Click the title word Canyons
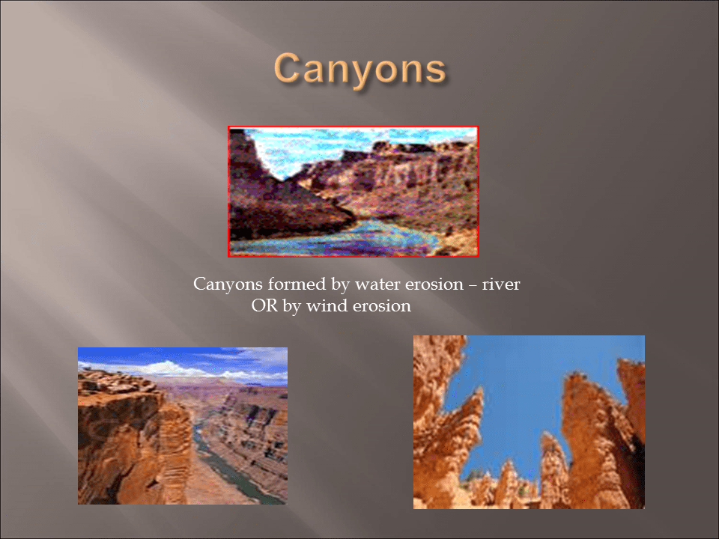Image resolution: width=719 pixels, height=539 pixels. (359, 70)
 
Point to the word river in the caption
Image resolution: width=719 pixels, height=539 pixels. (501, 285)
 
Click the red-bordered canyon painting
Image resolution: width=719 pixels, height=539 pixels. (353, 191)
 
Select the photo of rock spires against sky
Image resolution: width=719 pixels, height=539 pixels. (529, 421)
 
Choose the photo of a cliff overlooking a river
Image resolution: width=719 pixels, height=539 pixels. (182, 425)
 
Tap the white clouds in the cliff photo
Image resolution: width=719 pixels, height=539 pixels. (169, 368)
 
